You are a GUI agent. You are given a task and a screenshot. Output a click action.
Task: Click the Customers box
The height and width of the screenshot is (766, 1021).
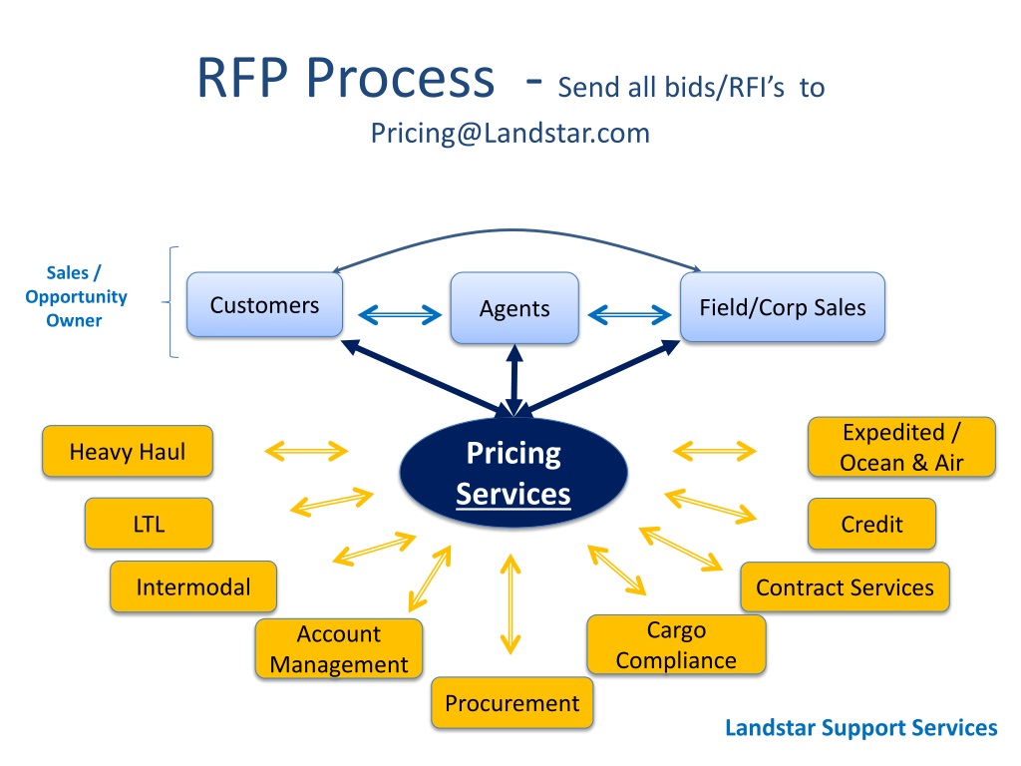pos(264,305)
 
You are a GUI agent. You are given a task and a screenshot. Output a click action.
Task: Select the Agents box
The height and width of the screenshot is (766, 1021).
pos(514,308)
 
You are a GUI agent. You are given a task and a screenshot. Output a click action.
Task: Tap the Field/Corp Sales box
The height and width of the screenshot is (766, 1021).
pos(782,307)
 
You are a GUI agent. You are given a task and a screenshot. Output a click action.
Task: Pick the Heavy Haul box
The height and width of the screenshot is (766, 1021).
pos(127,452)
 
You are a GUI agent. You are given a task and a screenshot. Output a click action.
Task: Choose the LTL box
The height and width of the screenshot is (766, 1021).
pos(149,524)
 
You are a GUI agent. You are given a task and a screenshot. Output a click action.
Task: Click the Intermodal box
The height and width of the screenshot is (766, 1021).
pos(193,586)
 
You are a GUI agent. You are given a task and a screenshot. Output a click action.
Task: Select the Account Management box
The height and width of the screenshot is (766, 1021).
pos(339,649)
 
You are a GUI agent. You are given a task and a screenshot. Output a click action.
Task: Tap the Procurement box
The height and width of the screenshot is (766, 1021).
pos(511,703)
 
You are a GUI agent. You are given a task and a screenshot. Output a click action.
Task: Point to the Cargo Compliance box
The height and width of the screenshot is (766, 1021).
pos(676,644)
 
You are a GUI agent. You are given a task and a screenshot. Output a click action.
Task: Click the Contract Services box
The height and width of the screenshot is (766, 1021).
pos(845,586)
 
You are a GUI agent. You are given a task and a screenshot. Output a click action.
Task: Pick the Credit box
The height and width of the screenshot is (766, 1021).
pos(871,524)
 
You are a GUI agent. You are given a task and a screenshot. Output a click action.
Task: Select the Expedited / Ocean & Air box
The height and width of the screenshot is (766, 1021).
pos(901,447)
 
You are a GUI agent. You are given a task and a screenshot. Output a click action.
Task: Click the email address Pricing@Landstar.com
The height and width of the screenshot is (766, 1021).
pos(510,133)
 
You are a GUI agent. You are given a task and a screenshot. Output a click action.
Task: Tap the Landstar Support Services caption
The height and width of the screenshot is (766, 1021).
pos(860,728)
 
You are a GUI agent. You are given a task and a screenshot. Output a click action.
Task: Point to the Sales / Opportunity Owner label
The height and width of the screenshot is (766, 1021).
pos(76,296)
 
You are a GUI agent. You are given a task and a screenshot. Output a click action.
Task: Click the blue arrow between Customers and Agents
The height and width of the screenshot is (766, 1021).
pos(400,315)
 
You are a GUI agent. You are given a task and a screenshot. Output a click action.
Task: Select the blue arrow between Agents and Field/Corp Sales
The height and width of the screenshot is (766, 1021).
pos(630,315)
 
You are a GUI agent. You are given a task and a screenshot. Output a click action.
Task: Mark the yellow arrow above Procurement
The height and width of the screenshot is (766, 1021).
pos(511,604)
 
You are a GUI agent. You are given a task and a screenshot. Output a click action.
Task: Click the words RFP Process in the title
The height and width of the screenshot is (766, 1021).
pos(345,79)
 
